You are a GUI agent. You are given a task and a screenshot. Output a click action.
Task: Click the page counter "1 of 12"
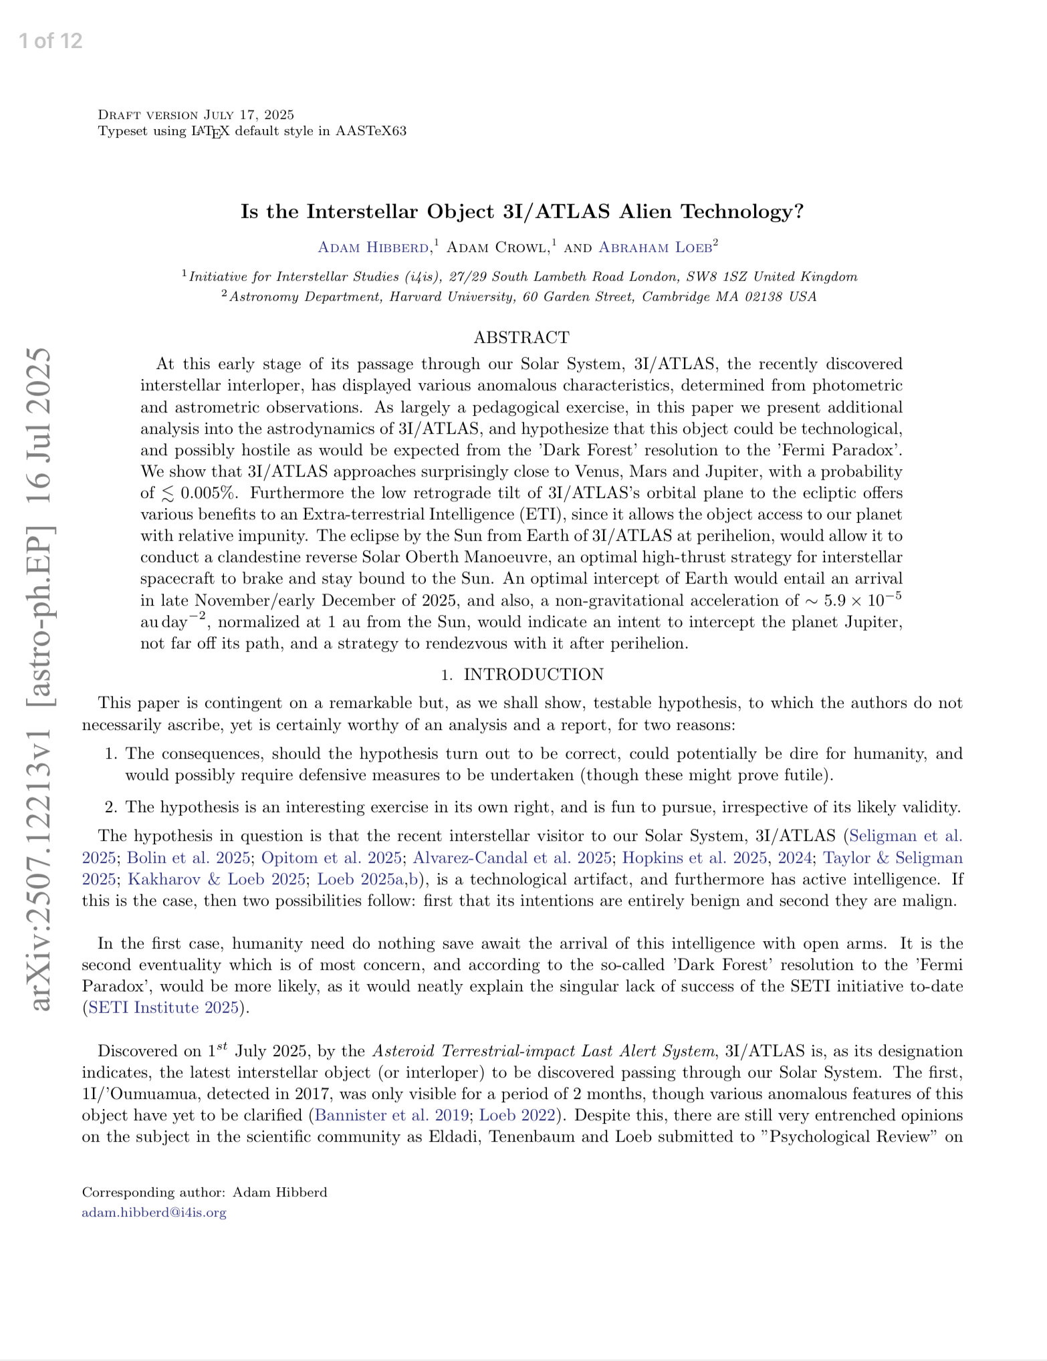[51, 41]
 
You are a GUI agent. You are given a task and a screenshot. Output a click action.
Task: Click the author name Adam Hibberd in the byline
[373, 247]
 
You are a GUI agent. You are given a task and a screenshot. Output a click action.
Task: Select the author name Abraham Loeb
[655, 247]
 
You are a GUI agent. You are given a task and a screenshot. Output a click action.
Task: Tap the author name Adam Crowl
[496, 247]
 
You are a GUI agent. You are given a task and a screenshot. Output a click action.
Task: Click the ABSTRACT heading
[521, 338]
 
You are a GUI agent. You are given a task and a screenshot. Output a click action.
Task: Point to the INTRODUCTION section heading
[534, 674]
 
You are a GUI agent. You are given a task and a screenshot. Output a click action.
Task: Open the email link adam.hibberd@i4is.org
[154, 1213]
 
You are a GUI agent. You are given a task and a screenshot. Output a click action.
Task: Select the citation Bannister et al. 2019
[391, 1115]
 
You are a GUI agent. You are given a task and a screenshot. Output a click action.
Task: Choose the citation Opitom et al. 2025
[331, 858]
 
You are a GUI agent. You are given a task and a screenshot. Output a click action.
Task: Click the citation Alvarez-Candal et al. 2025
[511, 858]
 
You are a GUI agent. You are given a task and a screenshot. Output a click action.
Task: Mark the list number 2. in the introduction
[112, 807]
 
